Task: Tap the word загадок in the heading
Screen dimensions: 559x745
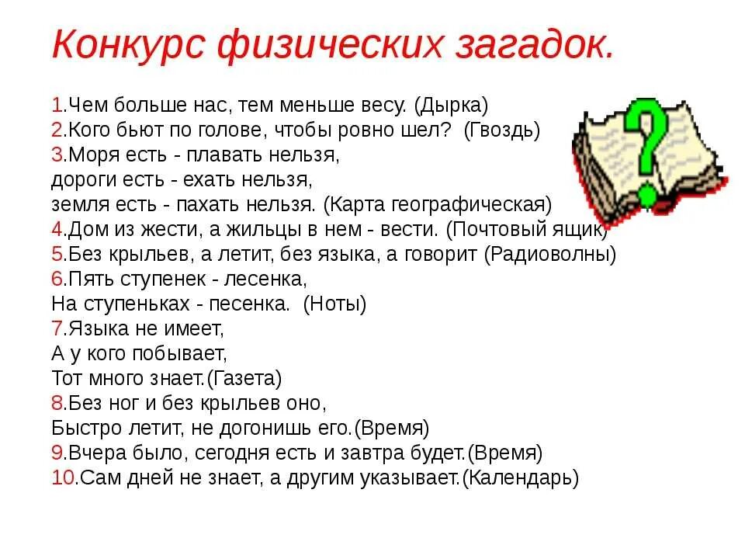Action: click(535, 46)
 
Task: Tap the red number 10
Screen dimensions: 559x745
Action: click(63, 477)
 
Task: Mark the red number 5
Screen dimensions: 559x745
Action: click(57, 254)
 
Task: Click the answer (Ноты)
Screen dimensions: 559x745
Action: click(334, 304)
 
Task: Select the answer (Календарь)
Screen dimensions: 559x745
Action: click(521, 477)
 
